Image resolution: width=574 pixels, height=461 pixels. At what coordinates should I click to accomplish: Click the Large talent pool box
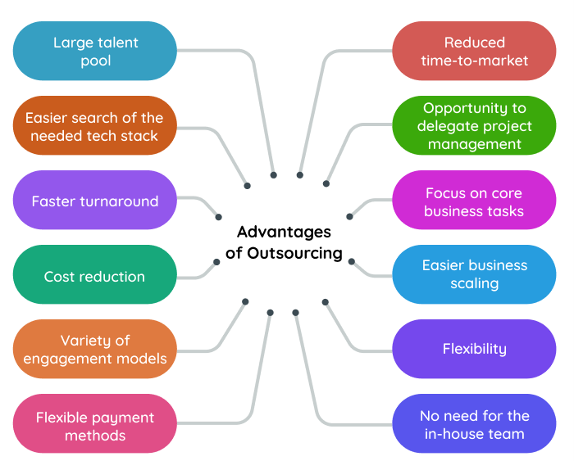click(x=95, y=51)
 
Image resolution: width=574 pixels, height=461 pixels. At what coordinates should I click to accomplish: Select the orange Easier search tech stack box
click(x=95, y=125)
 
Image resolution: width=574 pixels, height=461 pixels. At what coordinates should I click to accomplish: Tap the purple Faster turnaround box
click(x=95, y=201)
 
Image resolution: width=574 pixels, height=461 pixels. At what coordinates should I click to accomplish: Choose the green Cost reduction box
click(x=95, y=276)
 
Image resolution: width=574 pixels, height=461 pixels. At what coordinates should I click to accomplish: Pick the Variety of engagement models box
click(x=95, y=349)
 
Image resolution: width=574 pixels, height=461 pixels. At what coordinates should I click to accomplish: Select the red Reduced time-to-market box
click(x=474, y=51)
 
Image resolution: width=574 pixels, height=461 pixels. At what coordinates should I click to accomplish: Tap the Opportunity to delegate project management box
click(x=474, y=125)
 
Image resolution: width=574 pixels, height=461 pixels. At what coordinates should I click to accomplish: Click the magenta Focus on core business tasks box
click(x=474, y=201)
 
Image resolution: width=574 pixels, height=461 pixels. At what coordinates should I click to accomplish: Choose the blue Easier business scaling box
click(x=474, y=274)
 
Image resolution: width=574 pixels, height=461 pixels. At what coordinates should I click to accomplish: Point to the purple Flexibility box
click(x=474, y=349)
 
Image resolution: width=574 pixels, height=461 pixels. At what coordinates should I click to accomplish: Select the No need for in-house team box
click(x=474, y=424)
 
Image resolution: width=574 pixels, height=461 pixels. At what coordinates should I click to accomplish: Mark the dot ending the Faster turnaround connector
click(x=218, y=217)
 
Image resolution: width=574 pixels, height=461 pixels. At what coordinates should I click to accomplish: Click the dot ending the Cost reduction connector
click(x=216, y=262)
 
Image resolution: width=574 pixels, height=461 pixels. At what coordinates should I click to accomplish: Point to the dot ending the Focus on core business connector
click(x=350, y=217)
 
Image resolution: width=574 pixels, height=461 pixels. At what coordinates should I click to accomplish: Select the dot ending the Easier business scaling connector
click(x=351, y=261)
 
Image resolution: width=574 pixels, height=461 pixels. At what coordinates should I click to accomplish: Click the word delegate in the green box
click(x=453, y=126)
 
